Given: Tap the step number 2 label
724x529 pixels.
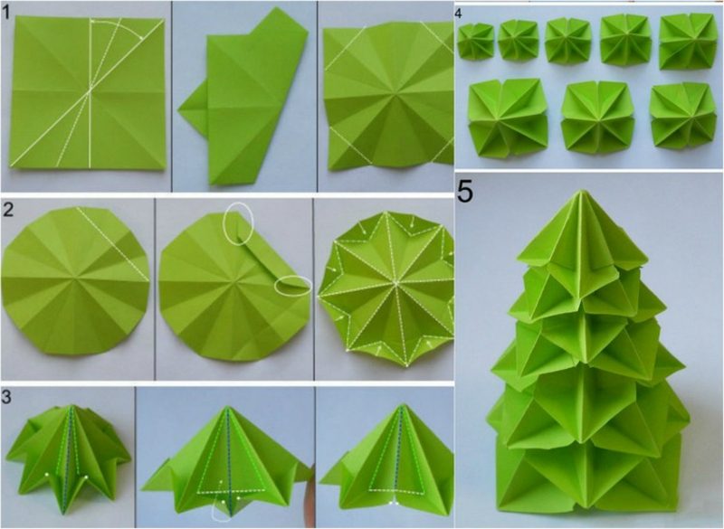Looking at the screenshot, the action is coord(8,211).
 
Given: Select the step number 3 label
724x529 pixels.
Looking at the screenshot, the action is coord(6,398).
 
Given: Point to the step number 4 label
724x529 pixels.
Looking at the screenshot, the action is coord(458,14).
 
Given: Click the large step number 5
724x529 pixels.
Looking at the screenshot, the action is coord(465,192).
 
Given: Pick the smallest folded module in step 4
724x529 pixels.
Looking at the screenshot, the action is coord(476,41).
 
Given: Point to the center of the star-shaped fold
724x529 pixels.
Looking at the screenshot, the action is coord(395,281).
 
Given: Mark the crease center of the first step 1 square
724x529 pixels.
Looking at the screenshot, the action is coord(90,90).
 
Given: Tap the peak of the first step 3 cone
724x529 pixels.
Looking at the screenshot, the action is coord(71,407).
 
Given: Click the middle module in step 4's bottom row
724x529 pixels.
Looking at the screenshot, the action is coord(595,118).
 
